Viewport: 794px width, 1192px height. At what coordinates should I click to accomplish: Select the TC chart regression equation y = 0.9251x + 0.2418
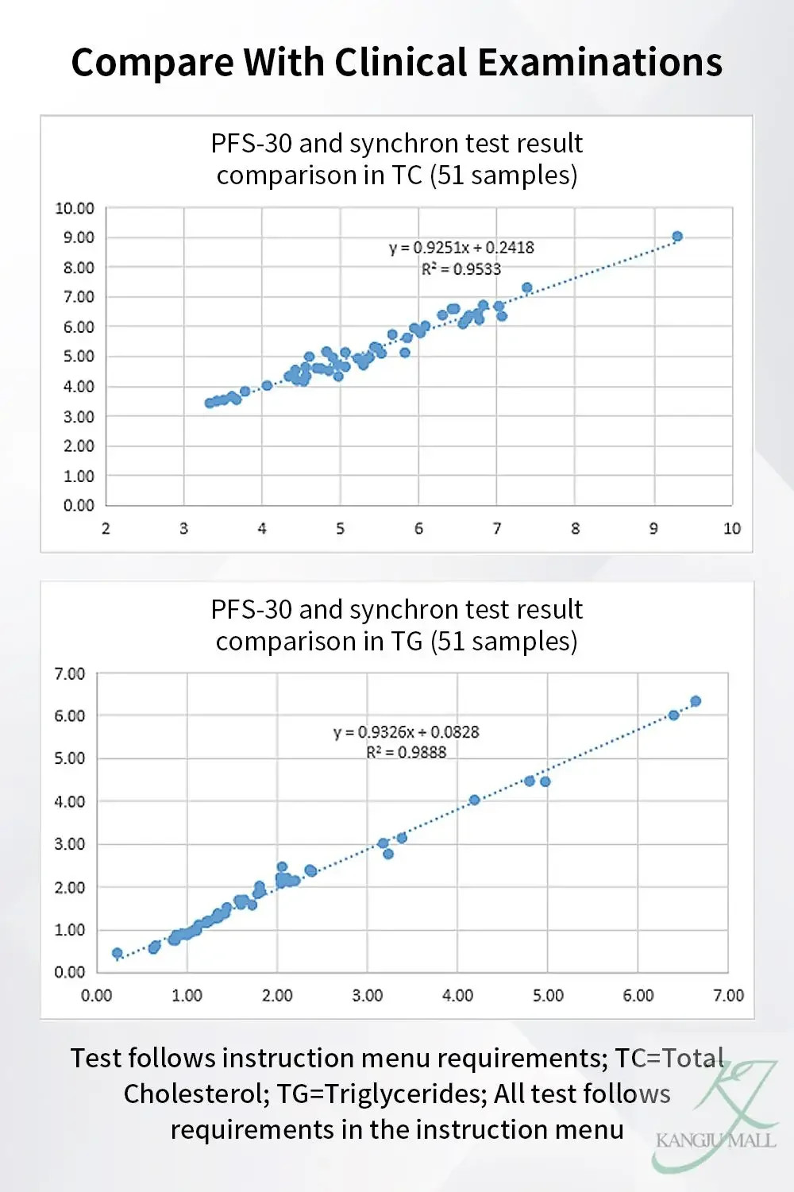pos(461,248)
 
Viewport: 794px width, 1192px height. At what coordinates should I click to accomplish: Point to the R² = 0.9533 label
pos(461,269)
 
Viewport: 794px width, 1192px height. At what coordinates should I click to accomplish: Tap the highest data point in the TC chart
pos(677,237)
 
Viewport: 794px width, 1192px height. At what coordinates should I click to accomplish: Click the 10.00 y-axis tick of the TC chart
pos(75,208)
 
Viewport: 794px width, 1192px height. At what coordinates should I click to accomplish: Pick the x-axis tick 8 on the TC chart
pos(576,529)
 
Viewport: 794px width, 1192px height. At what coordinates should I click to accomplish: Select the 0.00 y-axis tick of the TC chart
pos(79,505)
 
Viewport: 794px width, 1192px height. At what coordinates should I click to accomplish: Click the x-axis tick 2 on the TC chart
pos(106,529)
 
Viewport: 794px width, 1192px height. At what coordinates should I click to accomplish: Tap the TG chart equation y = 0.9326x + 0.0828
pos(406,732)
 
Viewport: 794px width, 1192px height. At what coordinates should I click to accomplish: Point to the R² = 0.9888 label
pos(407,753)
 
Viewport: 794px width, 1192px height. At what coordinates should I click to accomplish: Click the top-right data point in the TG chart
pos(696,701)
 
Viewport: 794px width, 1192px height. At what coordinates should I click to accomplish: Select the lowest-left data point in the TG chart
pos(118,953)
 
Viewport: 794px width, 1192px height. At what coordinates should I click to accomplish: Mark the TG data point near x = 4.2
pos(474,800)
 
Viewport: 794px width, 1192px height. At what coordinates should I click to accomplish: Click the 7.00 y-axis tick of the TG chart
pos(70,674)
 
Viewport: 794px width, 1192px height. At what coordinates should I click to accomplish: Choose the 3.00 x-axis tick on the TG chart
pos(367,996)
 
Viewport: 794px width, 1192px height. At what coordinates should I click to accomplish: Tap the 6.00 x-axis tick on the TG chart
pos(638,996)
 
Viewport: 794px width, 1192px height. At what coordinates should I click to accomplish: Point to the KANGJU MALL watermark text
pos(715,1141)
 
